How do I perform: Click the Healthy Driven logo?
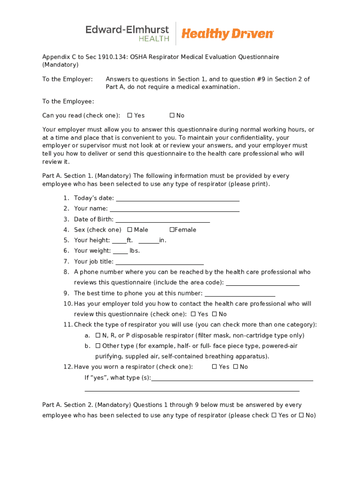tap(227, 34)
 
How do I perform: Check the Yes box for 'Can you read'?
tap(130, 116)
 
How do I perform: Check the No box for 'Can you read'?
tap(172, 116)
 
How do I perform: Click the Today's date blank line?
tap(178, 199)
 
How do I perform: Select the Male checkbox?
tap(130, 230)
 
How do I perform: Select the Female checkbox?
tap(172, 230)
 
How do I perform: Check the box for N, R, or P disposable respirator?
tap(98, 335)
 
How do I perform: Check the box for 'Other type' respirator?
tap(98, 346)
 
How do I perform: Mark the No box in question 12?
tap(236, 367)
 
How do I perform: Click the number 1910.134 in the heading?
tap(106, 57)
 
